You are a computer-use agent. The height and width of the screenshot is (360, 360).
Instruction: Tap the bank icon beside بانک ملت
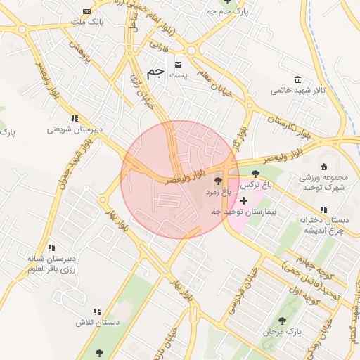tap(86, 12)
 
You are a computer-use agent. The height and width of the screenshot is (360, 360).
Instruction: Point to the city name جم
tap(156, 73)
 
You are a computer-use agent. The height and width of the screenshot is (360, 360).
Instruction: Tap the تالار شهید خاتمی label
tap(297, 91)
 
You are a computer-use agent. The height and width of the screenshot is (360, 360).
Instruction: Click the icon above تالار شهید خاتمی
tap(298, 79)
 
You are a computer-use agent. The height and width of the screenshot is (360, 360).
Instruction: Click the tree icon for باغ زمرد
tap(217, 181)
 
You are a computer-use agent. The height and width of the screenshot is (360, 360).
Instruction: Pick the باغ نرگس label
tap(257, 186)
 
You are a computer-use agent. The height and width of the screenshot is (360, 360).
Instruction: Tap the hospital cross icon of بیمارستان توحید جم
tap(243, 201)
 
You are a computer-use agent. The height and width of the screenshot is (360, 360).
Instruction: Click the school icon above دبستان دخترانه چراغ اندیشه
tap(323, 210)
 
